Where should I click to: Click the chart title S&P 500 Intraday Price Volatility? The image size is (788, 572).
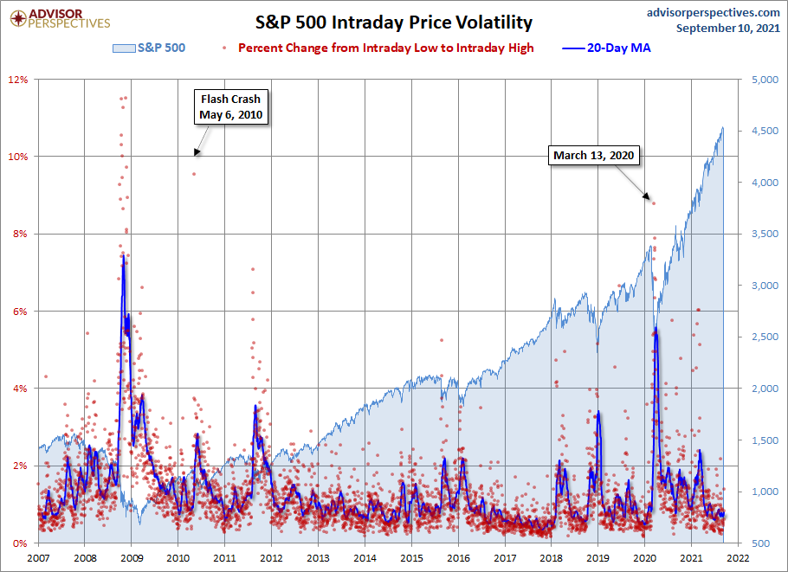click(x=394, y=22)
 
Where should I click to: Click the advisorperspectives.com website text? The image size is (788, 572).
click(x=702, y=12)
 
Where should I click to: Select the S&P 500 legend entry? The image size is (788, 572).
click(x=149, y=48)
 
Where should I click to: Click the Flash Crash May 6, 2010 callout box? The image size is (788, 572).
click(x=230, y=106)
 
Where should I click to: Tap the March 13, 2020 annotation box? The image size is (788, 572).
click(x=594, y=156)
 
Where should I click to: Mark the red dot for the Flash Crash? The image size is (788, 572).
click(x=194, y=174)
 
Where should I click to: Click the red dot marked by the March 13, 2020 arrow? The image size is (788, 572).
click(x=655, y=203)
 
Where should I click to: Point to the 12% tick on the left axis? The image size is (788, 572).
click(x=19, y=80)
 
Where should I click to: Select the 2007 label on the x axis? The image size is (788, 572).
click(x=39, y=559)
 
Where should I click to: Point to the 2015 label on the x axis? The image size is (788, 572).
click(x=411, y=559)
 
